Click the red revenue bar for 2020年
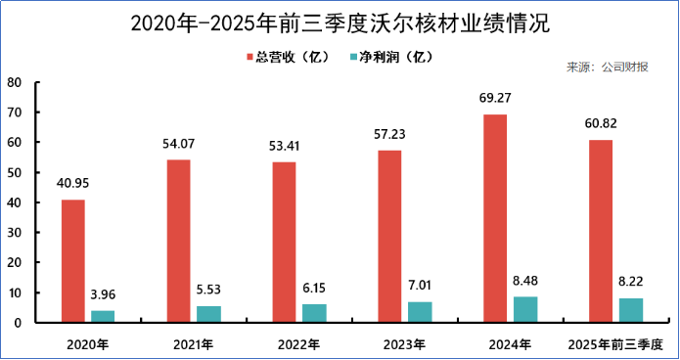pos(72,261)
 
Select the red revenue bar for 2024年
pos(495,218)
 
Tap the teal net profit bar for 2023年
pos(420,312)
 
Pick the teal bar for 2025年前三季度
pos(631,310)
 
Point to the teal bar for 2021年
pos(208,314)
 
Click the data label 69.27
pos(496,99)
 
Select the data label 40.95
pos(73,184)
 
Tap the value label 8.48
pos(525,281)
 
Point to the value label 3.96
pos(103,294)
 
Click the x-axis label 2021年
pos(194,344)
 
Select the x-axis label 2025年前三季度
pos(615,344)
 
